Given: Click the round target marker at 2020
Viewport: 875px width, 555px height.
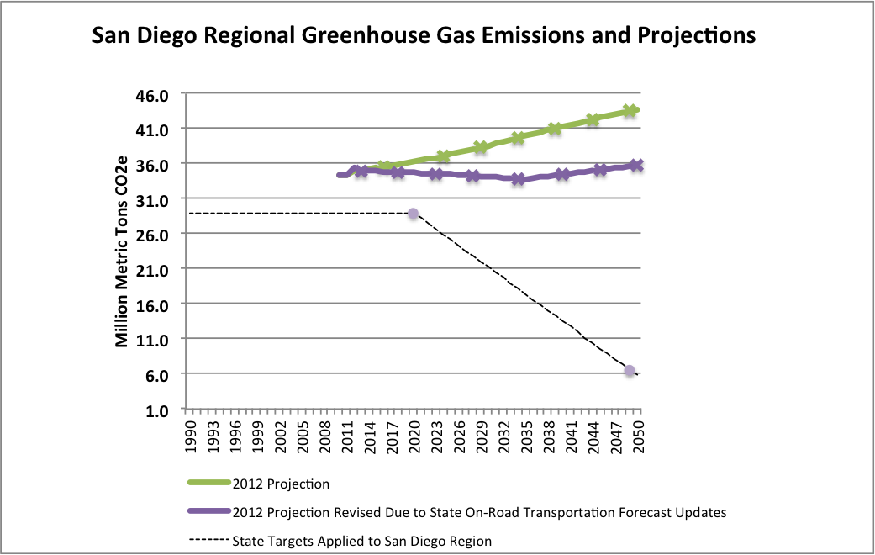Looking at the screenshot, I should coord(413,214).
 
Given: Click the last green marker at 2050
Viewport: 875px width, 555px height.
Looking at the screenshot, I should coord(630,111).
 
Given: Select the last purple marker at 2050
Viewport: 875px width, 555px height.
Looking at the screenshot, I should coord(637,166).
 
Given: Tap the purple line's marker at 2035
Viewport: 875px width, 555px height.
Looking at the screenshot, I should coord(519,179).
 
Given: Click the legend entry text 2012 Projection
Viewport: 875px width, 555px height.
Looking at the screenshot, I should coord(281,484).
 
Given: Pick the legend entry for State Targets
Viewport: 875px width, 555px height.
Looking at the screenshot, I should coord(362,541).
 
